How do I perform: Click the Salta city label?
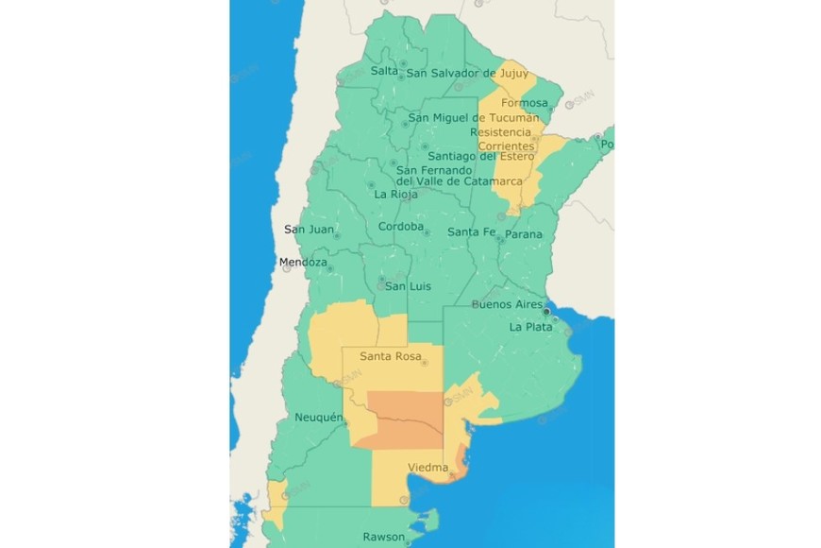point(384,71)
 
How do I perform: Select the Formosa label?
point(524,103)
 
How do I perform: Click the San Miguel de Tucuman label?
point(474,118)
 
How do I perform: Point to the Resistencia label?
point(507,132)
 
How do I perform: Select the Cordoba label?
point(400,227)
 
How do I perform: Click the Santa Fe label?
point(471,232)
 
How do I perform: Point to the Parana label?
point(524,234)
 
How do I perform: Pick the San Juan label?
point(309,230)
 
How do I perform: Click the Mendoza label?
point(303,262)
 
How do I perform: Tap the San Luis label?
point(409,286)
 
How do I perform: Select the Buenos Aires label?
point(507,304)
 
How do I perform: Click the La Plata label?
point(528,327)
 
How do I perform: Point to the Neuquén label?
point(319,418)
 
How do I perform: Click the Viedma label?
point(427,468)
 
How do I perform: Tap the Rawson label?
point(384,538)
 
